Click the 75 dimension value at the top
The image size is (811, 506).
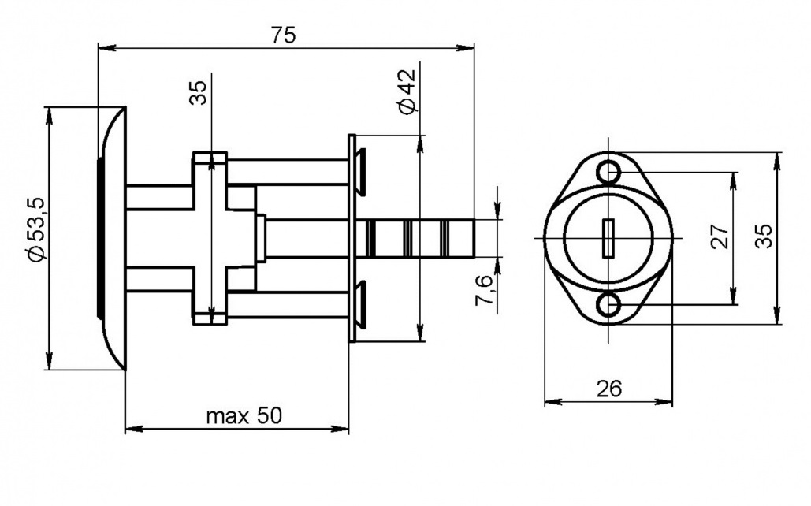point(283,35)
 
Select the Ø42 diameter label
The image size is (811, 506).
point(406,91)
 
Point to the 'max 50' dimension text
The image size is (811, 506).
point(244,415)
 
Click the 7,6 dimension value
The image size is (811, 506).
point(485,290)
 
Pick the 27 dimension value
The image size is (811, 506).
point(720,236)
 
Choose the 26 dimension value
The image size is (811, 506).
point(608,389)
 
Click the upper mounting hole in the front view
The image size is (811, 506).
point(608,171)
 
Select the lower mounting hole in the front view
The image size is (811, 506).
point(608,305)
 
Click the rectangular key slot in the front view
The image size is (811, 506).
point(608,238)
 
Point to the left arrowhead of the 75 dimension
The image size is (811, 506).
point(106,48)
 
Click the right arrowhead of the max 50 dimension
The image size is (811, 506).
point(340,429)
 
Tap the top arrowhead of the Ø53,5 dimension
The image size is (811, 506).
point(50,115)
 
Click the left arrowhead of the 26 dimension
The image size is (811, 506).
point(553,401)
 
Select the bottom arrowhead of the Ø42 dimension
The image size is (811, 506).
point(420,333)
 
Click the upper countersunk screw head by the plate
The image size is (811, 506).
point(361,171)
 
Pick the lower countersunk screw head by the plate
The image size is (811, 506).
point(361,304)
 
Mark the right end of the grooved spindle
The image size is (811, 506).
point(474,238)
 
